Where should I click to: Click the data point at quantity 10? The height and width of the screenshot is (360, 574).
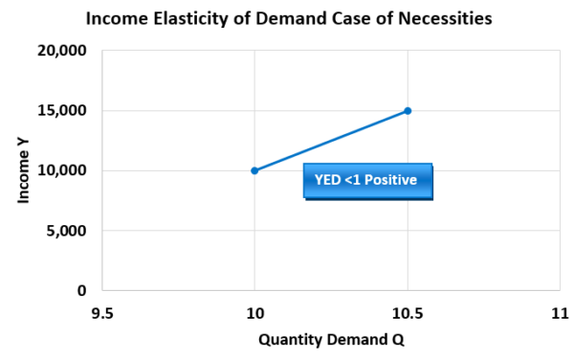254,170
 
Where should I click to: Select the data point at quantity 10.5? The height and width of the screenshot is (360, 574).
408,111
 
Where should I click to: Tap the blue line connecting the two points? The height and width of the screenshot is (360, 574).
331,141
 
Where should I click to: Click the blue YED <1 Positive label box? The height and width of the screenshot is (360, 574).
367,179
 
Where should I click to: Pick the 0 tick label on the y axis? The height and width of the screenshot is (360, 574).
82,290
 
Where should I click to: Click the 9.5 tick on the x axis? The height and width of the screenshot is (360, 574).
102,312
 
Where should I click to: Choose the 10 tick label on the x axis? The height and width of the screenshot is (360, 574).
254,312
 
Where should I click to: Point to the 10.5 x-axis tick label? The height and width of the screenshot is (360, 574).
408,312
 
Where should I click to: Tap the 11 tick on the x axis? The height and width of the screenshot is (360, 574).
560,312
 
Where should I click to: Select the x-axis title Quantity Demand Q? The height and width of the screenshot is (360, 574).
330,339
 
